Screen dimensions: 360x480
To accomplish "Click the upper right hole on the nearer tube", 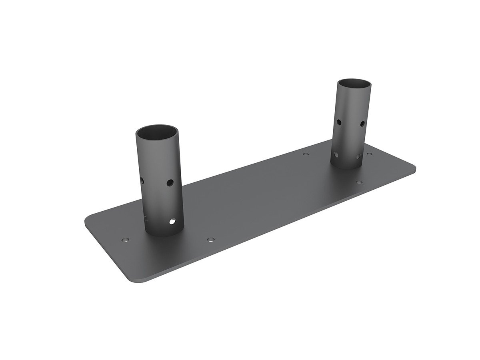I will pyautogui.click(x=170, y=183).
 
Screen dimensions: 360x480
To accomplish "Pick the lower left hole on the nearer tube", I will pyautogui.click(x=146, y=218).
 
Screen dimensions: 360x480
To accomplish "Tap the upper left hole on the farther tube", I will pyautogui.click(x=339, y=122).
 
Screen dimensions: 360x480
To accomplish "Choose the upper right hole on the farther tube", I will pyautogui.click(x=362, y=124).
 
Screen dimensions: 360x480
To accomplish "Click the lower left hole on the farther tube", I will pyautogui.click(x=336, y=154).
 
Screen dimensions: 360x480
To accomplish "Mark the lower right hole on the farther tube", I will pyautogui.click(x=359, y=156).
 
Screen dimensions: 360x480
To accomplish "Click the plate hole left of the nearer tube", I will pyautogui.click(x=125, y=240).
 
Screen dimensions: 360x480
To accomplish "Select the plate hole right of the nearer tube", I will pyautogui.click(x=211, y=240).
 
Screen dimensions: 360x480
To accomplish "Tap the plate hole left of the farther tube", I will pyautogui.click(x=306, y=154).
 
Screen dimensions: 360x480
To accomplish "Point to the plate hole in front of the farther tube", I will pyautogui.click(x=359, y=182).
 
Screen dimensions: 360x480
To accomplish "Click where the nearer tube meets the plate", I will pyautogui.click(x=159, y=234).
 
